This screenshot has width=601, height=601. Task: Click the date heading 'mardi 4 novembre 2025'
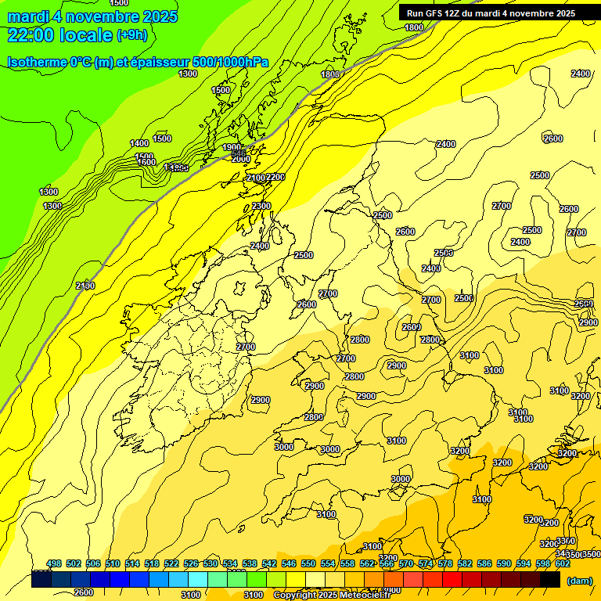point(92,16)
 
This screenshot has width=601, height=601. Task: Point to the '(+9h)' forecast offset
point(131,34)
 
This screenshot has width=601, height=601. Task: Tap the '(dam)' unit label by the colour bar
point(578,581)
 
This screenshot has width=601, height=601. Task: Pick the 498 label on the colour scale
point(54,563)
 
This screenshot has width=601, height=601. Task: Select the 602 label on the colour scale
point(562,563)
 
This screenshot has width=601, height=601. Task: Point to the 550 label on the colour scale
point(308,563)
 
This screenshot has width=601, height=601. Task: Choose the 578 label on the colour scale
point(445,563)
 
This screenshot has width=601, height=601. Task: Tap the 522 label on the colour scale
point(171,563)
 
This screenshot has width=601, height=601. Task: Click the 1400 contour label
point(139,143)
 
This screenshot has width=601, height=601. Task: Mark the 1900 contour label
point(232,147)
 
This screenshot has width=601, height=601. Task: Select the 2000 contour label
point(240,159)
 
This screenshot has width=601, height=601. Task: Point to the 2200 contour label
point(275,178)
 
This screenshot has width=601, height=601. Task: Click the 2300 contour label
point(261,206)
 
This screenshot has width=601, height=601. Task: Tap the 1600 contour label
point(146,162)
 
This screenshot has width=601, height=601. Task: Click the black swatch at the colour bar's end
point(550,580)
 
